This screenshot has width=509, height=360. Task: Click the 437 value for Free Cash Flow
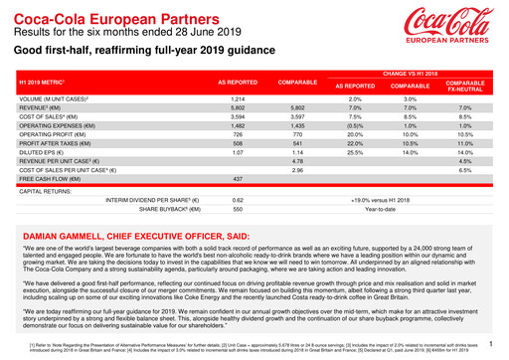[x=238, y=179]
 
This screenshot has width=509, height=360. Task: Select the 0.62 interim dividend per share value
[x=238, y=200]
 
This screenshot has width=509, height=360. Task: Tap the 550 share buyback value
[x=238, y=211]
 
